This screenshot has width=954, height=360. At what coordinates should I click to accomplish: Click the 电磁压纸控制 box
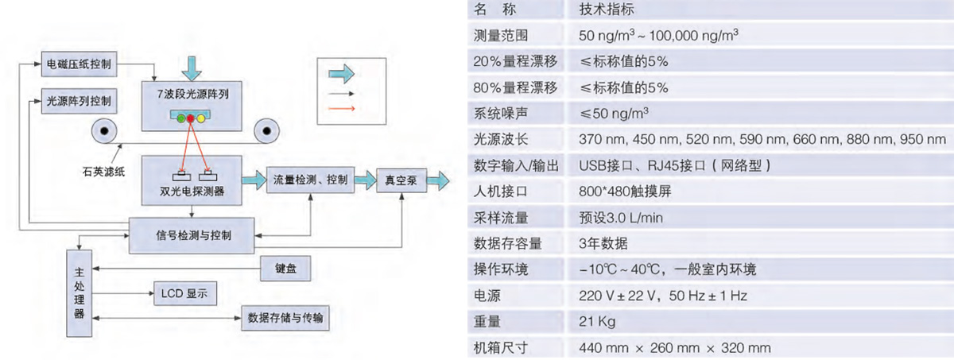(79, 62)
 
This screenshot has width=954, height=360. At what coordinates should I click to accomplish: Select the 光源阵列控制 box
(79, 102)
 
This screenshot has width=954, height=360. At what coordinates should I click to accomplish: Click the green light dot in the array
(181, 118)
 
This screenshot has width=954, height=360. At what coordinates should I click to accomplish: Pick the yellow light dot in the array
(200, 118)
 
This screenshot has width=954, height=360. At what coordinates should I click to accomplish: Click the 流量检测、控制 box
(310, 179)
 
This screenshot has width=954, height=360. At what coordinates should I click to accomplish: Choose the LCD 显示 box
(184, 293)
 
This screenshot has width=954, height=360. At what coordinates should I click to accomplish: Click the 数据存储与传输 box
(285, 319)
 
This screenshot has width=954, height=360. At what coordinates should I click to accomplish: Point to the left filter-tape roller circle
(102, 130)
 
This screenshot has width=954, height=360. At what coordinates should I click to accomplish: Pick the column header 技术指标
(608, 10)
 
